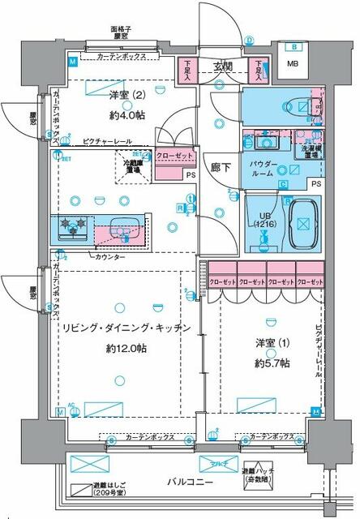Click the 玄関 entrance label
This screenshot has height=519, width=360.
tap(224, 66)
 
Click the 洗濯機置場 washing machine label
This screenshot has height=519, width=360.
tap(311, 152)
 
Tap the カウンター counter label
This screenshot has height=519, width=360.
tap(109, 257)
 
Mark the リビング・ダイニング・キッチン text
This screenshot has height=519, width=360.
tap(125, 328)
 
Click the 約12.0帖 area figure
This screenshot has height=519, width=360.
tap(124, 348)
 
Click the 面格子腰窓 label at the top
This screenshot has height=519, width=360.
tap(122, 33)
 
